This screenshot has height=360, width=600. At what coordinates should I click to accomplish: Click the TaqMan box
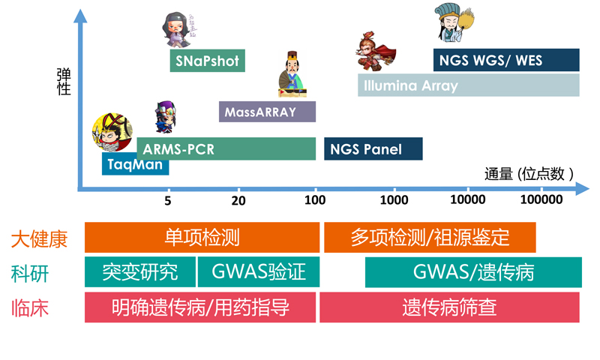(135, 164)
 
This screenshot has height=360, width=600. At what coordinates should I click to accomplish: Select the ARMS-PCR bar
(225, 149)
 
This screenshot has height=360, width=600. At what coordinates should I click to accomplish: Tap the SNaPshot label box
(208, 61)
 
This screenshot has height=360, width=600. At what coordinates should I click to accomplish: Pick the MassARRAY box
(267, 112)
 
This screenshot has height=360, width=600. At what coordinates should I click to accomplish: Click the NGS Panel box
(373, 149)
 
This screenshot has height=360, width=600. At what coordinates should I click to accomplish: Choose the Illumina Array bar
(468, 85)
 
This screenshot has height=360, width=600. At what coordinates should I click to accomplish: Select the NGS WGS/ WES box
(506, 60)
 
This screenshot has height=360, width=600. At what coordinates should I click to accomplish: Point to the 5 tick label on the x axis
(167, 200)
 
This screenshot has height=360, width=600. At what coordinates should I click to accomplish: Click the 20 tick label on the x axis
(238, 200)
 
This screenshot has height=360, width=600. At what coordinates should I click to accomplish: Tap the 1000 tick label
(394, 200)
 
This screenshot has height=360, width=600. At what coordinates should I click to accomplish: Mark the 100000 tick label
(541, 200)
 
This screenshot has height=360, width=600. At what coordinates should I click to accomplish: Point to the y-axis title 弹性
(64, 82)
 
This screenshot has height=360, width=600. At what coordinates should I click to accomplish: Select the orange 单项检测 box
(201, 238)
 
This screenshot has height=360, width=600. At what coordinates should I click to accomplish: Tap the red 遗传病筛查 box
(449, 307)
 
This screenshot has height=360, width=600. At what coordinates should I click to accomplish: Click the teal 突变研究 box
(139, 271)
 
